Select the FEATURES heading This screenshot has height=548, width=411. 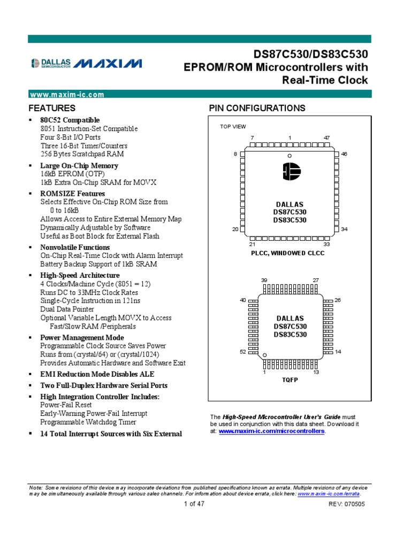point(52,108)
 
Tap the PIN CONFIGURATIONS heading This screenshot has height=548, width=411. point(257,108)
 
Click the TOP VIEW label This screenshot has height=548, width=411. point(233,127)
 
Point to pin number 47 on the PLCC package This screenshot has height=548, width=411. point(327,138)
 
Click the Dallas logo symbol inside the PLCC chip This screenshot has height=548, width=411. point(290,172)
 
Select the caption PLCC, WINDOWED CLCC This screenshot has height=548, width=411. point(288,253)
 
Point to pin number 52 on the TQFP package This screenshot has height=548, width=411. point(242,352)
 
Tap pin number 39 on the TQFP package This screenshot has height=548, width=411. point(264,280)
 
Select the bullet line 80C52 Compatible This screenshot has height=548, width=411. point(70,120)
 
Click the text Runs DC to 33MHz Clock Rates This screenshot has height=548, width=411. point(89,292)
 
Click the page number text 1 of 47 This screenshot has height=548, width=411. point(194,504)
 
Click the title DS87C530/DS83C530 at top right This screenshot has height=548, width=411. point(310,55)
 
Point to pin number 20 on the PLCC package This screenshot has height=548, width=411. point(234,229)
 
